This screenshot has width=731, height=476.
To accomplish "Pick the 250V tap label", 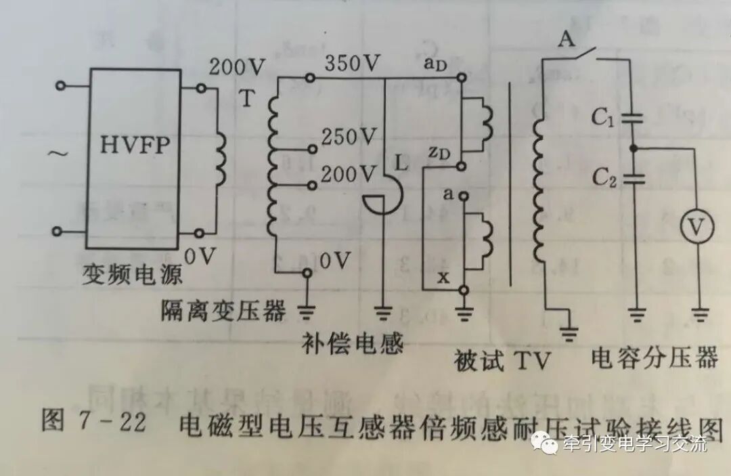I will coord(348,137).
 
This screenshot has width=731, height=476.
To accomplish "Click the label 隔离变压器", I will coord(223,311).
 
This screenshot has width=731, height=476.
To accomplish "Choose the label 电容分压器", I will coord(654,357).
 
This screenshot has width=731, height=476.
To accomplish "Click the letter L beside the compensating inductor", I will coord(401,163).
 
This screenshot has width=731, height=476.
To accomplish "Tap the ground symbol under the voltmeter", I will coord(699,313).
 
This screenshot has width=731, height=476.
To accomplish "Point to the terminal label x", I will coord(443,276).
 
